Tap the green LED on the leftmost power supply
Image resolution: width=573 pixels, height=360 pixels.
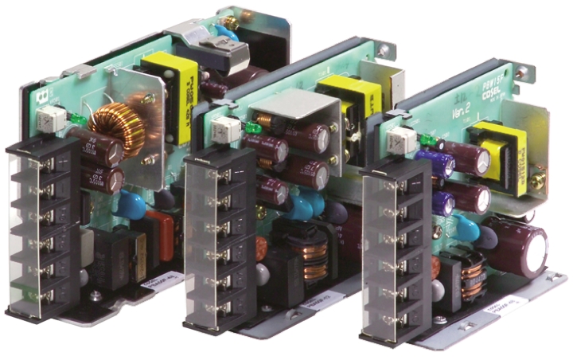77,120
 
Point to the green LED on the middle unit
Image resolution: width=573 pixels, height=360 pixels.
254,127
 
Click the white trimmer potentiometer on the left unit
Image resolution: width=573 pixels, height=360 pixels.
49,120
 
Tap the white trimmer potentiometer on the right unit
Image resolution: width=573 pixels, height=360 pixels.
403,140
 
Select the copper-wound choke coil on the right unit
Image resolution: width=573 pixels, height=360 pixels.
473,276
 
